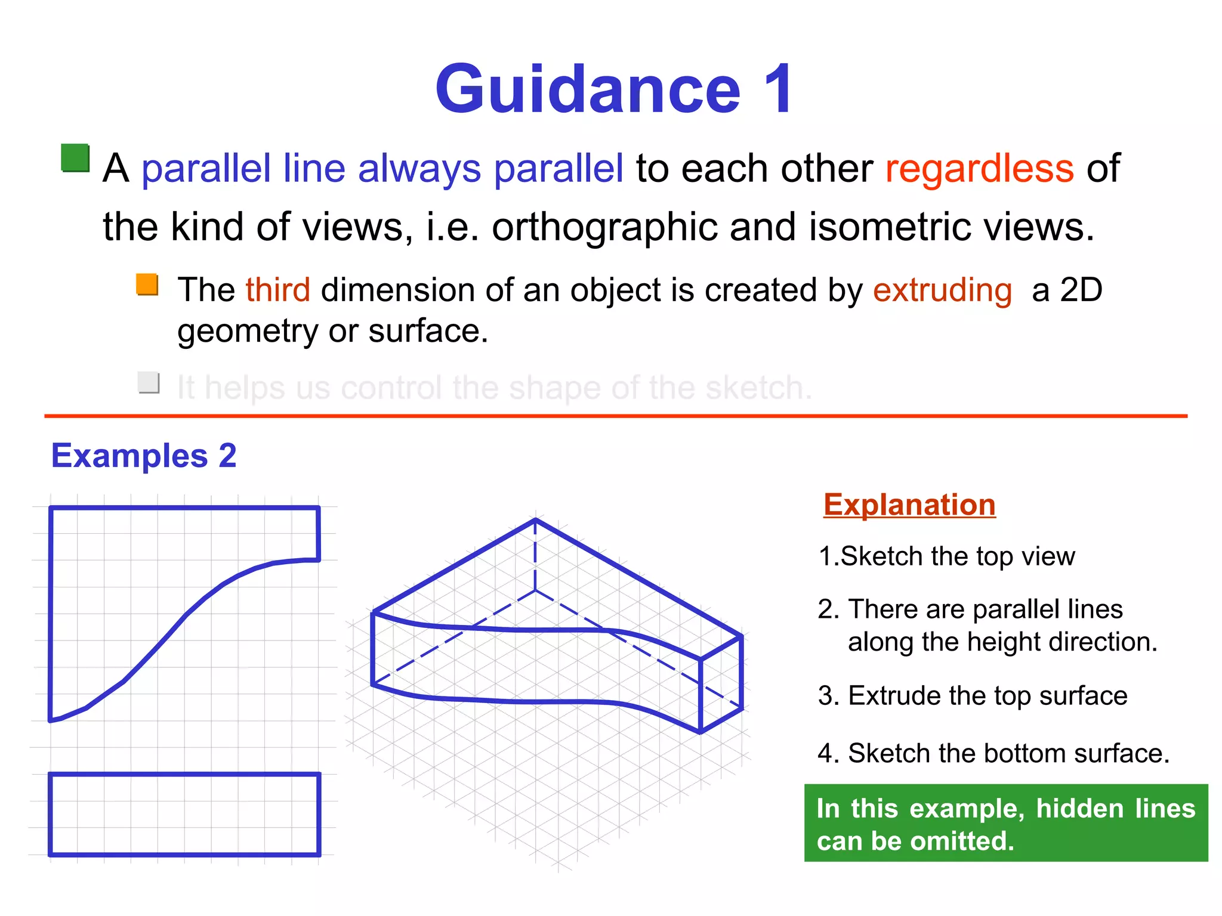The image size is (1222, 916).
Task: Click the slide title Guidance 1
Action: point(615,89)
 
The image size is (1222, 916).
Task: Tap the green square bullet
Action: point(75,158)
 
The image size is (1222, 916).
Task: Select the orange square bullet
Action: point(147,284)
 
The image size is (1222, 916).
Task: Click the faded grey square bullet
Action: point(149,382)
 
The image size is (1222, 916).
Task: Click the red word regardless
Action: point(979,168)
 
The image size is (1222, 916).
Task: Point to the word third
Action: point(277,290)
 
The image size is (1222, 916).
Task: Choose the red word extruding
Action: point(942,290)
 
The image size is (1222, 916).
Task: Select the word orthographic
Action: point(604,227)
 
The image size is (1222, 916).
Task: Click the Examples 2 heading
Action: point(144,456)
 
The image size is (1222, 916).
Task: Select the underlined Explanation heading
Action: point(909,505)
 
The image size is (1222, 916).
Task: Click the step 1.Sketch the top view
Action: point(946,556)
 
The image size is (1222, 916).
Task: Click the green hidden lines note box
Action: point(1006,824)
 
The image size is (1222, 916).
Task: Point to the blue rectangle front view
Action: point(184,815)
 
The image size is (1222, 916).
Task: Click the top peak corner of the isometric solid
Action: point(535,520)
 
